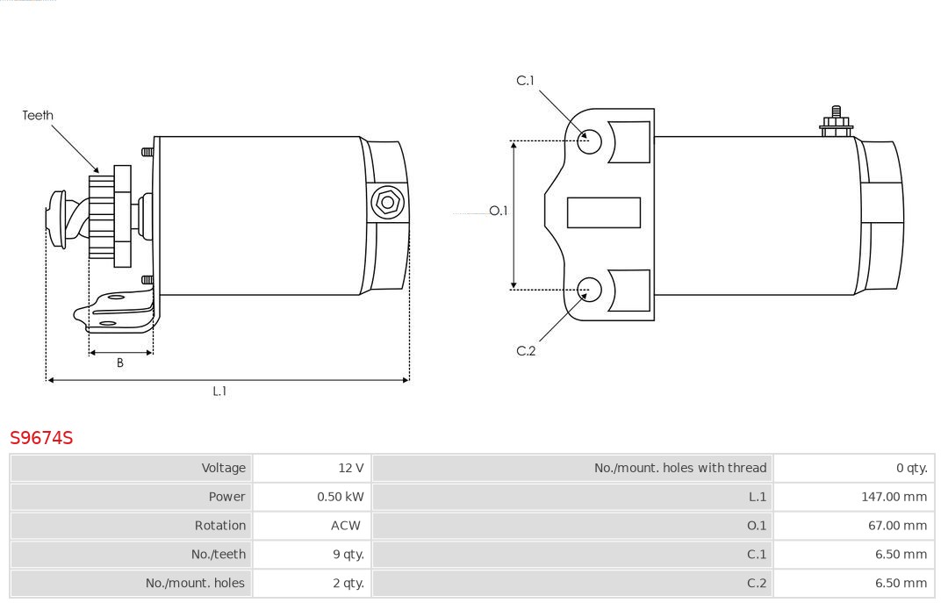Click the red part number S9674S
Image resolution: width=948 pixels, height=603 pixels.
(41, 438)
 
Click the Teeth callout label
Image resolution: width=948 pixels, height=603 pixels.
(38, 115)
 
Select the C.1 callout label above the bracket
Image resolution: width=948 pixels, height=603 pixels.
(525, 81)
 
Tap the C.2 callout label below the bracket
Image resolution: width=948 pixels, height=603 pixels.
(526, 351)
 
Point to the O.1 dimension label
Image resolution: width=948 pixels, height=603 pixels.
(499, 211)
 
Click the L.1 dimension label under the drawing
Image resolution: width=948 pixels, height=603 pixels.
(219, 391)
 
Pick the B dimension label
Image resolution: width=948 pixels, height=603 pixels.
(120, 363)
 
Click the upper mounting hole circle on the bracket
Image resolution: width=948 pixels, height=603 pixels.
(590, 140)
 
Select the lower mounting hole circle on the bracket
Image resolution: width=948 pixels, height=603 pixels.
(590, 289)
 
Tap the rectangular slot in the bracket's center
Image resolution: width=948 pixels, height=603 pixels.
(604, 212)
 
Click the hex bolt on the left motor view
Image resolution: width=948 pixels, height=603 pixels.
(387, 203)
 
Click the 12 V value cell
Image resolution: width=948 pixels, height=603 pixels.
(351, 468)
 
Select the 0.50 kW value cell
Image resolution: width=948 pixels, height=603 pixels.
(341, 497)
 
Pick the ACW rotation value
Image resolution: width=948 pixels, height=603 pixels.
(346, 526)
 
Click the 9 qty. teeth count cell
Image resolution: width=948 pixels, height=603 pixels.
(348, 555)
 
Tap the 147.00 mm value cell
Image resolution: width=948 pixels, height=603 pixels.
(894, 497)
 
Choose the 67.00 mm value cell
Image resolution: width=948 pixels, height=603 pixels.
(897, 526)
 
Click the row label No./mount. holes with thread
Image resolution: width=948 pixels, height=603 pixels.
(680, 468)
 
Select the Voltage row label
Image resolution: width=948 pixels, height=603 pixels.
(224, 468)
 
